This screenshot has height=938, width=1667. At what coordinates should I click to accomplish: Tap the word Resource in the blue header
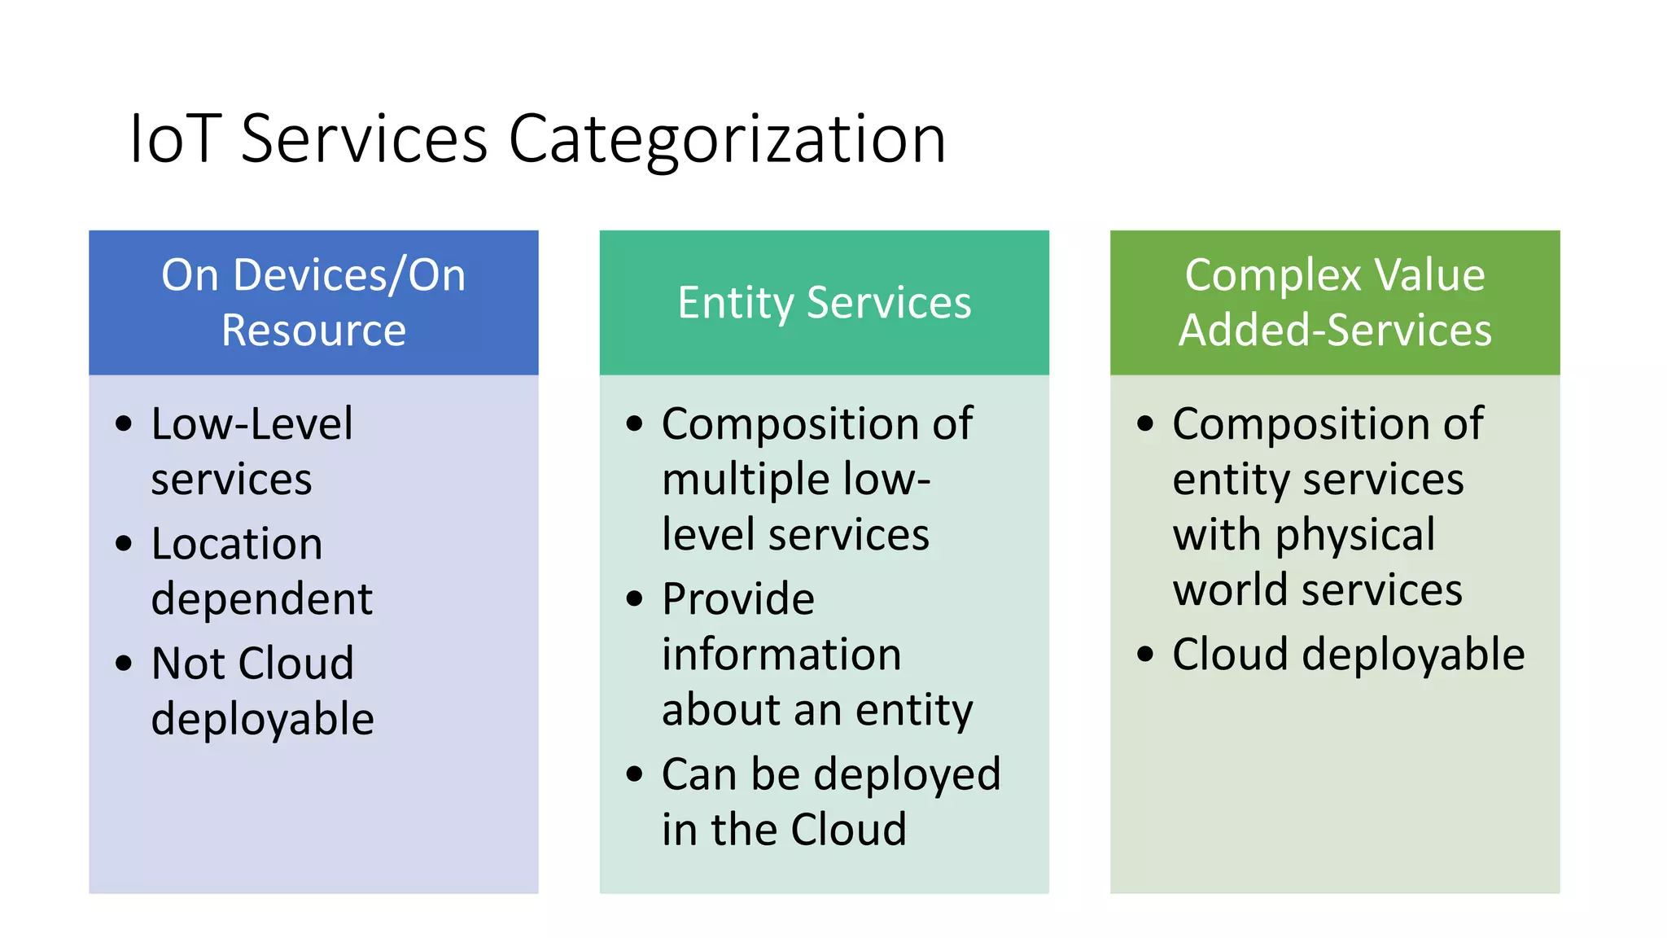313,331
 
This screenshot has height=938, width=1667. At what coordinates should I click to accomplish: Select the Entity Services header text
824,303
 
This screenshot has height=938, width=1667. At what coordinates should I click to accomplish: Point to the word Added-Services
1335,331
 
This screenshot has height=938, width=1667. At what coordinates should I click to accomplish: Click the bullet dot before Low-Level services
124,423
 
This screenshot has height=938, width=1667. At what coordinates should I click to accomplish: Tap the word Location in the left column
237,544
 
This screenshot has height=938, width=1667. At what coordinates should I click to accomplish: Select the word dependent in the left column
261,599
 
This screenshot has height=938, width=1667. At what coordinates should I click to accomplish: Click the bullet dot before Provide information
635,599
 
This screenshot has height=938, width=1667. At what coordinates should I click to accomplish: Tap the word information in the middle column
781,655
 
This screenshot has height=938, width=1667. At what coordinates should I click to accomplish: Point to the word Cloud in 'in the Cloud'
848,830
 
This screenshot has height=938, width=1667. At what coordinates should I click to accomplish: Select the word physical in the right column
1354,536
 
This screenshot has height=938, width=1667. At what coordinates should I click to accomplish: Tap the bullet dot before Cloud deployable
1145,654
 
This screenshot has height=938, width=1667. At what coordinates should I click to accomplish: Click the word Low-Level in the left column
252,424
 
